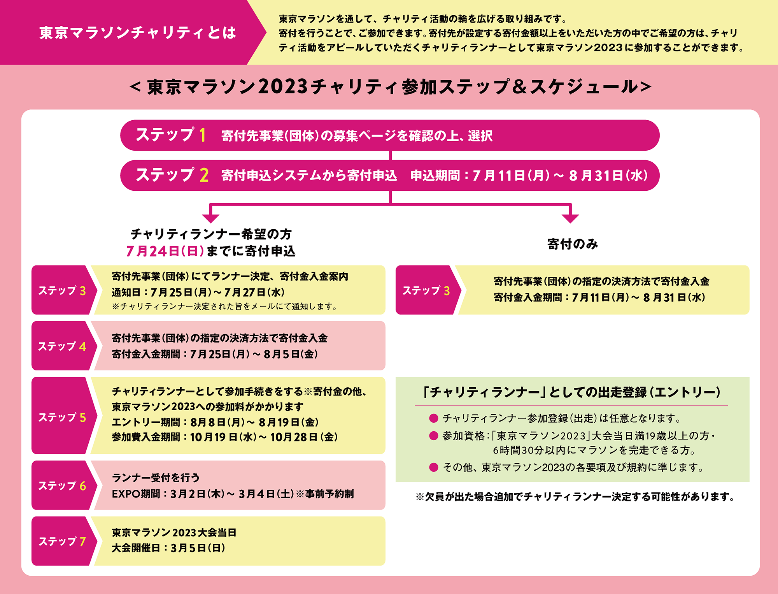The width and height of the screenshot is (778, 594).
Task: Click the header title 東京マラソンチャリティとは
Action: coord(138,33)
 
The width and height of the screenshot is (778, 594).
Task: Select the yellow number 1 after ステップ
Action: coord(202,135)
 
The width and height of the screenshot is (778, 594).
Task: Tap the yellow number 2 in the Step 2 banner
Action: coord(204,175)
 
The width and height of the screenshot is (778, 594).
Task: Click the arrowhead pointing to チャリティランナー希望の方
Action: coord(210,218)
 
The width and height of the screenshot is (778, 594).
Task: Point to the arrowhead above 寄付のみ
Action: coord(570,218)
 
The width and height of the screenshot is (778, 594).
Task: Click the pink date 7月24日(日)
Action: coord(165,251)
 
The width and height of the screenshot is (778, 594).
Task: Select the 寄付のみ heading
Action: coord(573,244)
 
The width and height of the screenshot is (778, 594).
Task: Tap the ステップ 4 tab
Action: coord(62,346)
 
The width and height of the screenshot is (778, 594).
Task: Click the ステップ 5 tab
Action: coord(62,416)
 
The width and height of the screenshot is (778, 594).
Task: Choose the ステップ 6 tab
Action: coord(62,485)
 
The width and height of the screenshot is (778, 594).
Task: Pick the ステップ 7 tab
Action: coord(62,541)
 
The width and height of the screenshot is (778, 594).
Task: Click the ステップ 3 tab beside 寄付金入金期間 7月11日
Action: coord(427,290)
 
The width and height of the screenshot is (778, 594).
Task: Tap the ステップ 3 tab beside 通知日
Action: coord(62,290)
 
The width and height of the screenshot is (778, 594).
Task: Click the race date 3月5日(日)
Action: coord(198,548)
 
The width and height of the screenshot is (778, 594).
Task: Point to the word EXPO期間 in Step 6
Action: coord(136,494)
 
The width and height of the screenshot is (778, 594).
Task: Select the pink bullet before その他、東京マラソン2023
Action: coord(434,467)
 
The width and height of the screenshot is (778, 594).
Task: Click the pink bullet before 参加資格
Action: coord(434,436)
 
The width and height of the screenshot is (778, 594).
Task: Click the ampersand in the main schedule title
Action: coord(520,86)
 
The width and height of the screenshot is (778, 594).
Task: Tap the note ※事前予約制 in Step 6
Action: coord(325,494)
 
